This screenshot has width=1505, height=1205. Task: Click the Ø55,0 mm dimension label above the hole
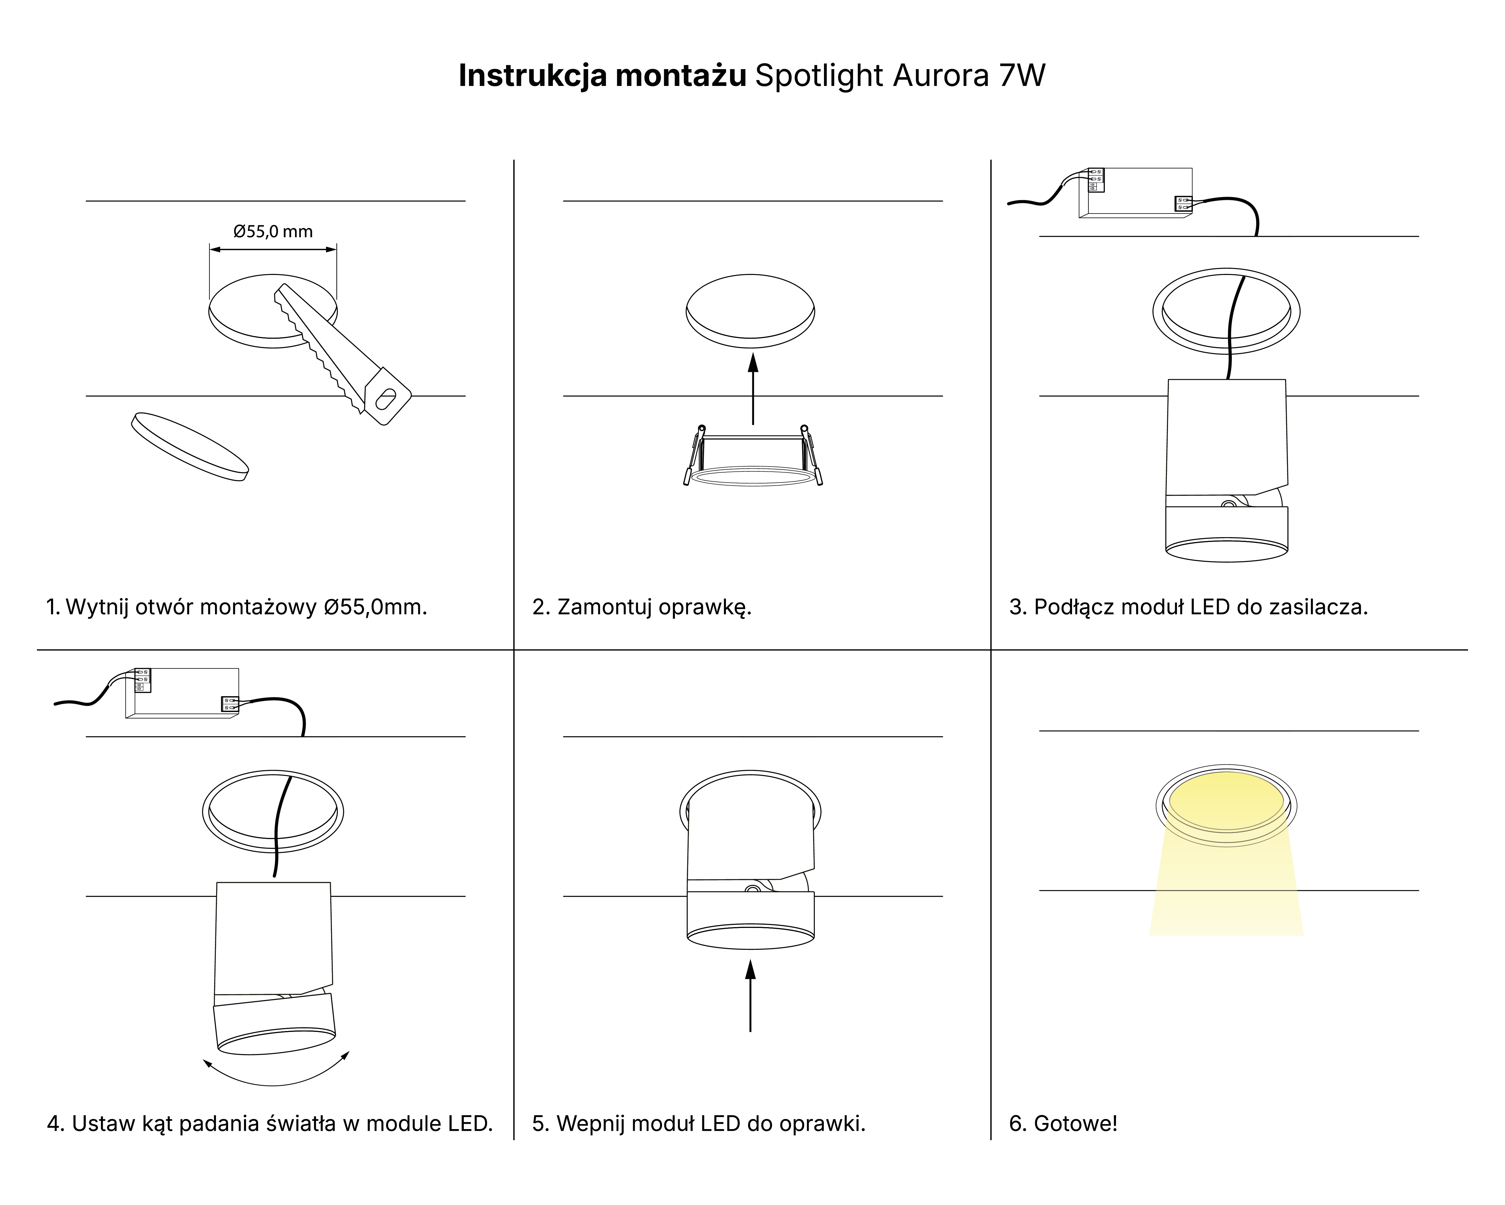tap(273, 231)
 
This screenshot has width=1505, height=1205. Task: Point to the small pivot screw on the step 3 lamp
tap(1228, 503)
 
